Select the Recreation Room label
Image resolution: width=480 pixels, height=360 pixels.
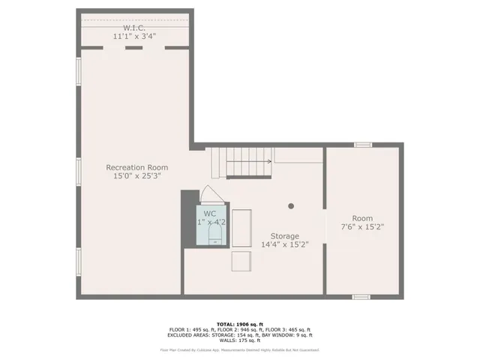[136, 167]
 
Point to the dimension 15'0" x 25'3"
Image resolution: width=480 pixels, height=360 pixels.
[136, 175]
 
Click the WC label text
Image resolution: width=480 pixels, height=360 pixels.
[209, 214]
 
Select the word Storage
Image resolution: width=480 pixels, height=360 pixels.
[284, 235]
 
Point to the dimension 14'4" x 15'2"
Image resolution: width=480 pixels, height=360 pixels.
[284, 244]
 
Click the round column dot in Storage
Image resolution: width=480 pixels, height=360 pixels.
[292, 205]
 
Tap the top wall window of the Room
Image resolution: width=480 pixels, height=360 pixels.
[362, 144]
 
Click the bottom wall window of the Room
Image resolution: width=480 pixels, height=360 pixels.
[361, 297]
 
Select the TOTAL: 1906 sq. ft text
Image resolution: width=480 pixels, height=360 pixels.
[239, 324]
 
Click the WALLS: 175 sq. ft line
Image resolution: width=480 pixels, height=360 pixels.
[239, 340]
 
